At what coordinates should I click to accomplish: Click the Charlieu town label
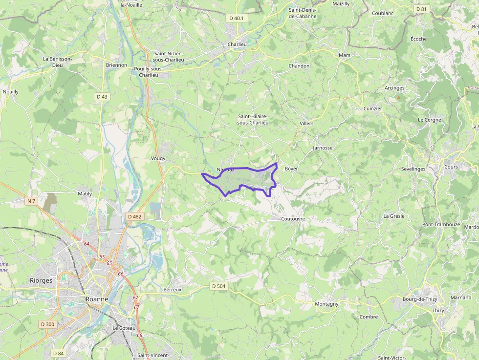click(237, 44)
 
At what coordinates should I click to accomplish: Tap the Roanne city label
click(97, 299)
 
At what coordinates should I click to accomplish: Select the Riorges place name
click(41, 281)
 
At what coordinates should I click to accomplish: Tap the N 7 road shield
click(32, 201)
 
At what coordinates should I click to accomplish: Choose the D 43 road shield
click(102, 97)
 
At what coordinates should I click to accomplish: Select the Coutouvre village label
click(293, 219)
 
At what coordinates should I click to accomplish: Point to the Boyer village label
click(291, 169)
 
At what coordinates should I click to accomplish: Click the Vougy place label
click(158, 158)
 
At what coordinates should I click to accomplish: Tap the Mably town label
click(85, 194)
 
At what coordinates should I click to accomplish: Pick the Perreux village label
click(173, 289)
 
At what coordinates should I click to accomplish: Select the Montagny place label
click(327, 304)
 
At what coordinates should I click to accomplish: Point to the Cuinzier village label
click(372, 108)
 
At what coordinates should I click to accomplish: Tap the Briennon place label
click(116, 64)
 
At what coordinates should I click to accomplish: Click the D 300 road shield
click(48, 324)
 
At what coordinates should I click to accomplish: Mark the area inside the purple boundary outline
click(244, 180)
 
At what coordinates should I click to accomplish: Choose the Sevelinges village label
click(413, 169)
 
